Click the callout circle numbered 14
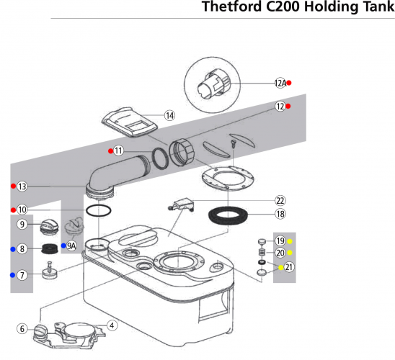coord(169,116)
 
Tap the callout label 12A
coord(280,83)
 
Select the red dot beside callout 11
coord(110,151)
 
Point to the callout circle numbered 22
coord(280,201)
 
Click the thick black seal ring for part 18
coord(228,216)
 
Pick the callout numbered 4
coord(112,325)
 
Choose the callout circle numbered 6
coord(22,328)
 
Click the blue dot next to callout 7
coord(12,275)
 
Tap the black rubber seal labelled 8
coord(50,248)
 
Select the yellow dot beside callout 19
coord(290,241)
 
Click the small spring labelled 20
coord(262,252)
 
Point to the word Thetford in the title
coord(232,6)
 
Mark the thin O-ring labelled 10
coord(99,210)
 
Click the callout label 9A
coord(71,246)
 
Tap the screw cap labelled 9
coord(49,227)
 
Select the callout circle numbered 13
coord(22,186)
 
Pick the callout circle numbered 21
coord(289,267)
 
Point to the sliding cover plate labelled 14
coord(130,122)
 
